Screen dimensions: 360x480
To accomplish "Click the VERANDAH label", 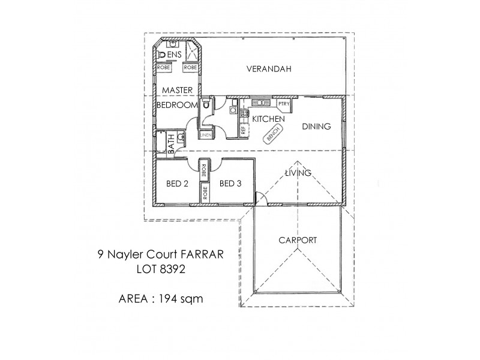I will click(x=269, y=69).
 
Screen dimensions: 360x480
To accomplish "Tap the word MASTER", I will click(x=176, y=89).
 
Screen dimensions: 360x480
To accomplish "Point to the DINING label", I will click(x=316, y=127).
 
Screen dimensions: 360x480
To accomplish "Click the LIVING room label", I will click(x=298, y=173).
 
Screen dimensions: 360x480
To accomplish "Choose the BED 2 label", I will click(x=178, y=184).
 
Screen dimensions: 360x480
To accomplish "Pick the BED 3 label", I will click(x=230, y=184).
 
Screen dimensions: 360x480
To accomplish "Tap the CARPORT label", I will click(x=298, y=240).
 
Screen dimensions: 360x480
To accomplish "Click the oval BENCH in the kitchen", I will click(x=272, y=135).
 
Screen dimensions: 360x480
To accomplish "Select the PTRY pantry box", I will click(x=284, y=104).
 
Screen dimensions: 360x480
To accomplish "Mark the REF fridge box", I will click(x=244, y=129).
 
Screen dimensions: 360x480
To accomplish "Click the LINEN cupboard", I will click(x=205, y=135).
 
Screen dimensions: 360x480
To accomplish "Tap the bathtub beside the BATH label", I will click(x=162, y=143).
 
